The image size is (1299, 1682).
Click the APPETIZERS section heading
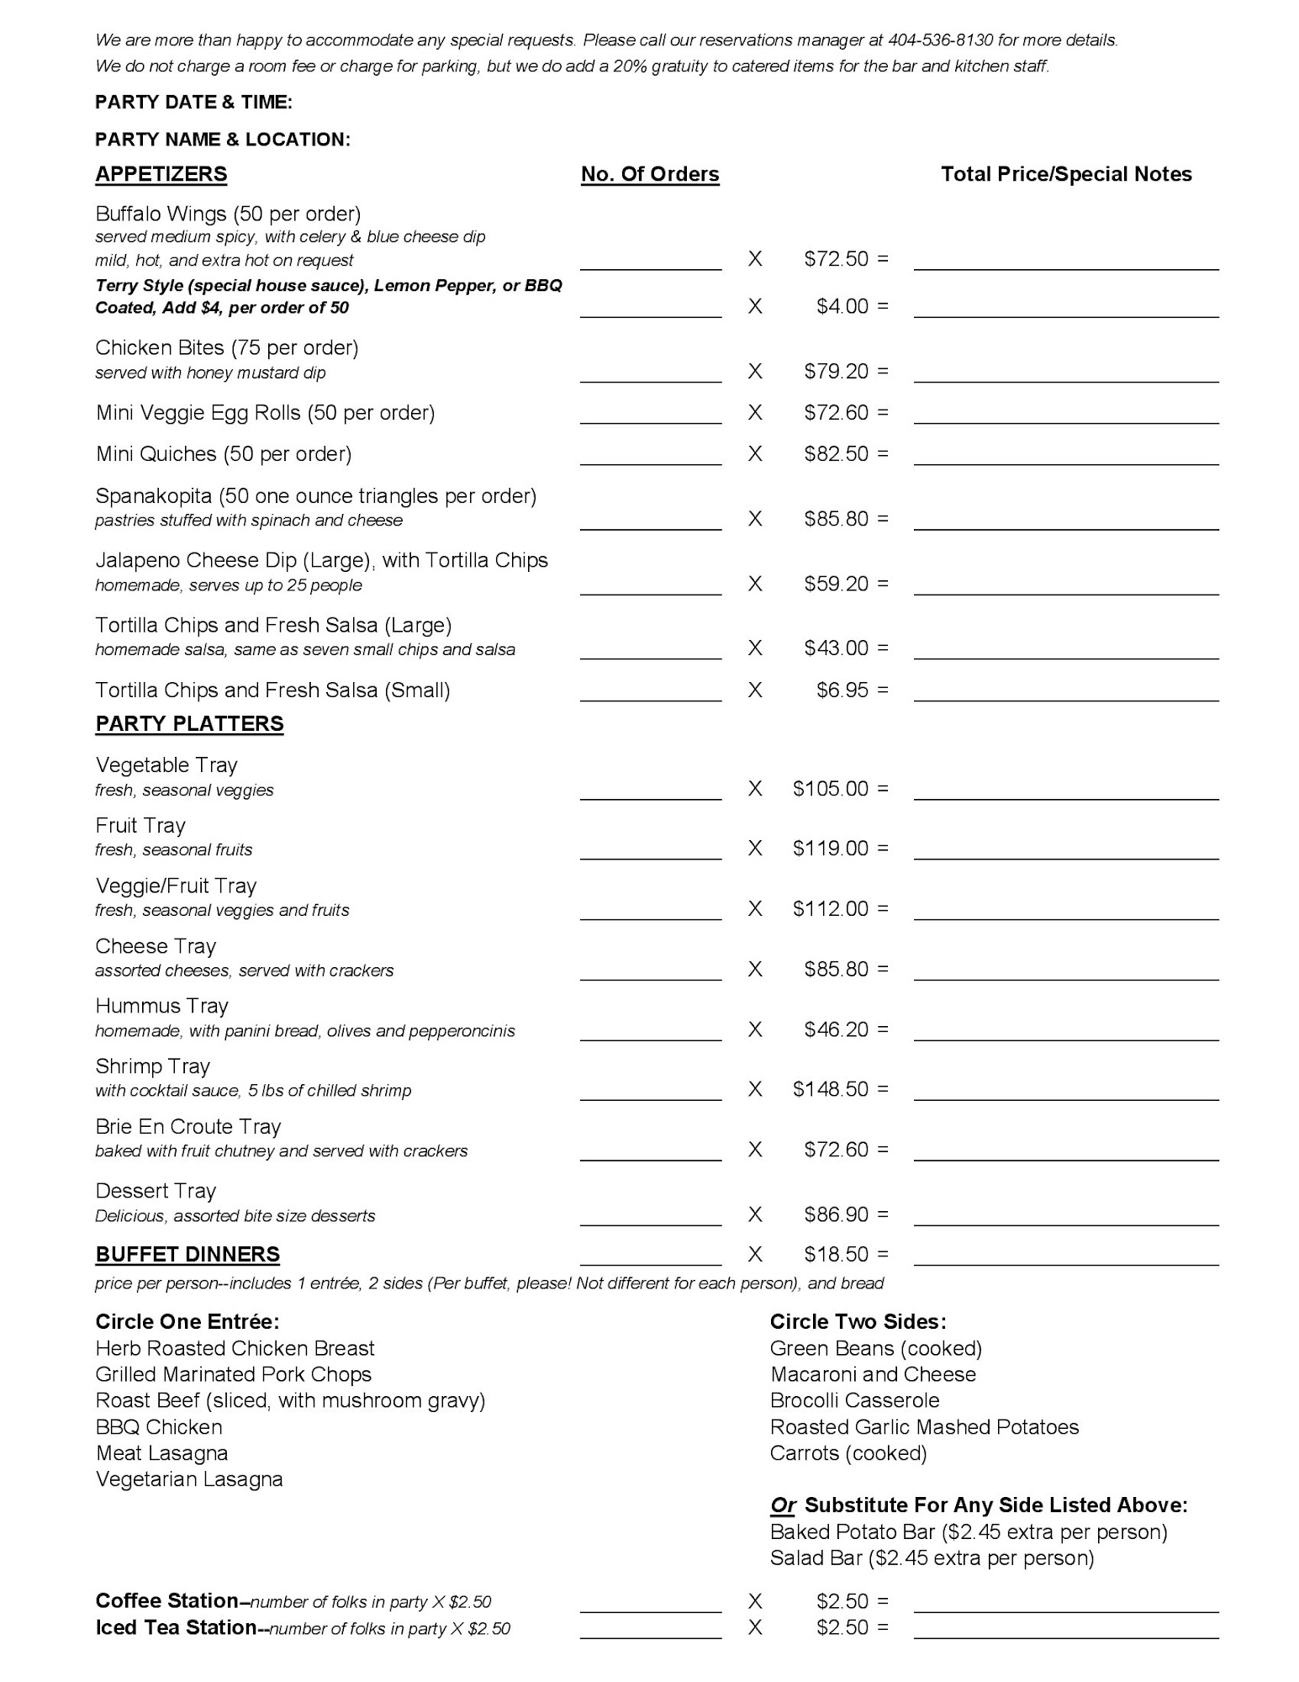click(161, 174)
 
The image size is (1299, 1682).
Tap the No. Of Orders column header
click(650, 174)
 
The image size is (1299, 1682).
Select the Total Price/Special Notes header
click(1066, 174)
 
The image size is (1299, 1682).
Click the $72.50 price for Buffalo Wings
click(836, 258)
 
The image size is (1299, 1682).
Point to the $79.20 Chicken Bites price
click(836, 371)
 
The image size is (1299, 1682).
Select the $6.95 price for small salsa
click(842, 690)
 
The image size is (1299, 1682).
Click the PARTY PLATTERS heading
click(189, 723)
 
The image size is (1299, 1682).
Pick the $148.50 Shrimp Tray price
click(831, 1089)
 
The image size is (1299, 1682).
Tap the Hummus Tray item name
click(161, 1006)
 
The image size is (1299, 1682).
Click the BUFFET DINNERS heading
click(187, 1254)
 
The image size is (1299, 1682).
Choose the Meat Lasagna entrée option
click(161, 1452)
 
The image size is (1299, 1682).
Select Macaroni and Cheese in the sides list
click(873, 1374)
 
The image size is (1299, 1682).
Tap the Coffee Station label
click(166, 1600)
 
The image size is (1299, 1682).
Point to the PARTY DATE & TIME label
click(193, 103)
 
